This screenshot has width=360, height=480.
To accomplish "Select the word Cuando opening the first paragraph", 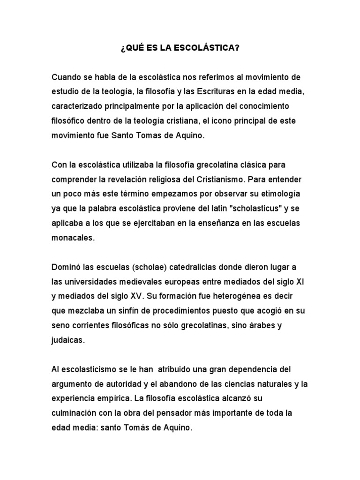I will point(67,77).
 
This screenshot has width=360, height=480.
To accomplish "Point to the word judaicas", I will point(68,340).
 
